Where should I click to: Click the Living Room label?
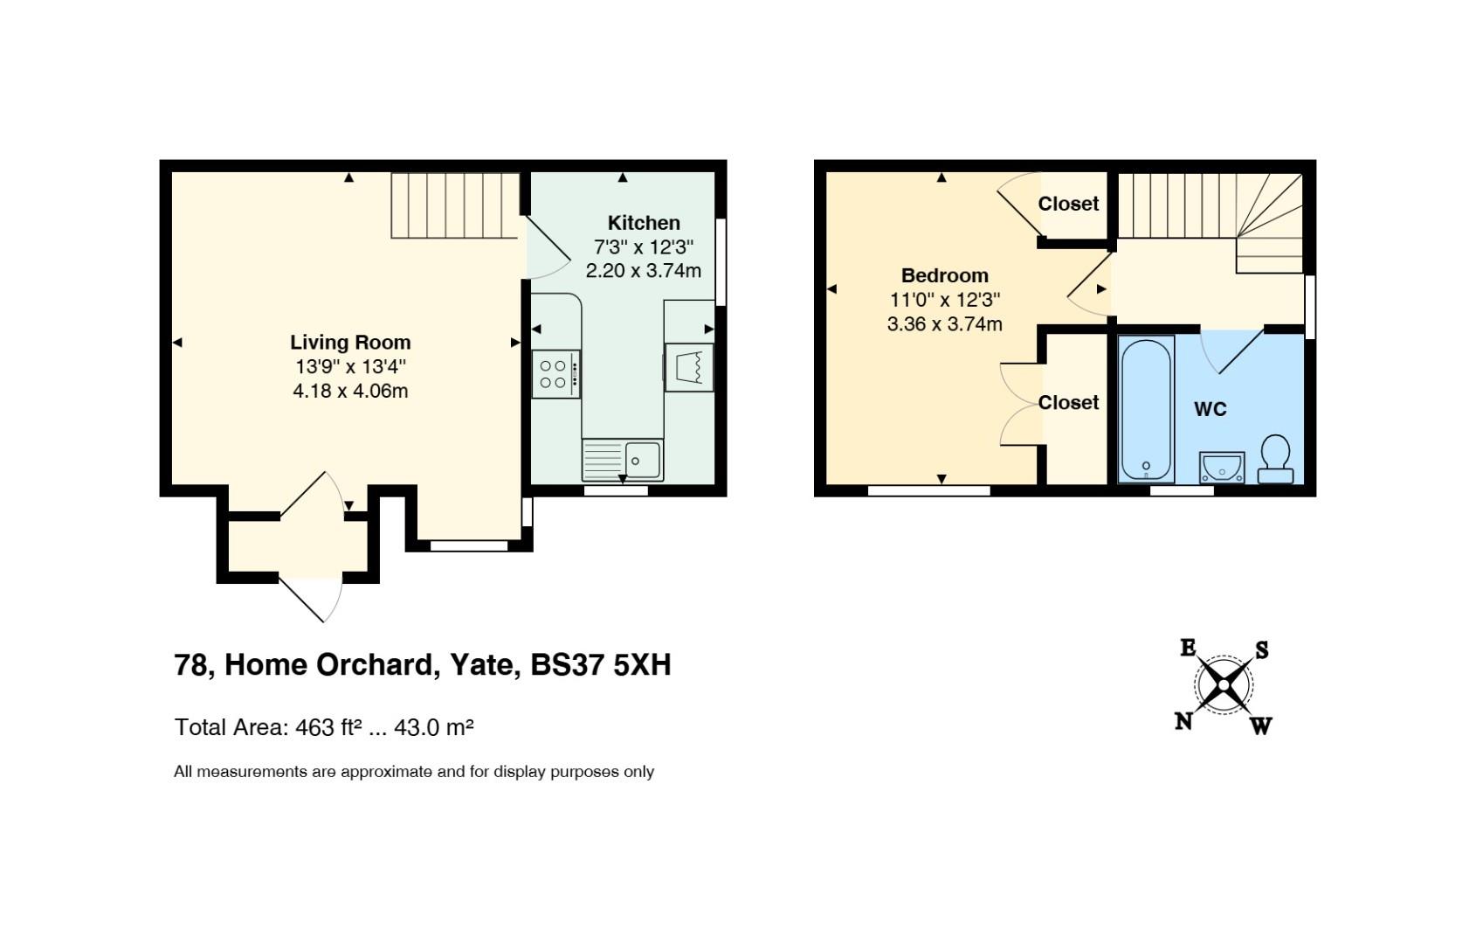click(x=350, y=343)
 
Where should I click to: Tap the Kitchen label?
click(x=643, y=223)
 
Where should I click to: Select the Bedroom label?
click(x=944, y=275)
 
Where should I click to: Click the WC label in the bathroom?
click(x=1210, y=410)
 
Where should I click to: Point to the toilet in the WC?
click(x=1276, y=459)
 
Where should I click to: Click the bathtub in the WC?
click(x=1147, y=409)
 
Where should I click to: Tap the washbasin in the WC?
click(x=1222, y=467)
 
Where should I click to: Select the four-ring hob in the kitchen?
click(x=556, y=374)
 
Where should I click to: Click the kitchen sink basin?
click(x=643, y=459)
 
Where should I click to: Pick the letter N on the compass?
click(x=1183, y=722)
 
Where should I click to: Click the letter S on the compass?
click(x=1261, y=650)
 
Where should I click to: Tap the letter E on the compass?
click(x=1188, y=648)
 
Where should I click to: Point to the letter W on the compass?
click(x=1260, y=726)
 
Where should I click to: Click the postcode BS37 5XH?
click(x=601, y=664)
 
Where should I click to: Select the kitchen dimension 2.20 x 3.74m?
click(x=643, y=270)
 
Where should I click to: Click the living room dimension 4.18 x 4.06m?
click(x=350, y=392)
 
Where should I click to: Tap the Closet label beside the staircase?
click(x=1068, y=204)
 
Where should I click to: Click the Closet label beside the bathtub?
click(x=1068, y=402)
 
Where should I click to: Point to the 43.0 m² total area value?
click(x=433, y=727)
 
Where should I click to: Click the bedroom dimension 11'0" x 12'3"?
click(x=944, y=300)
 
